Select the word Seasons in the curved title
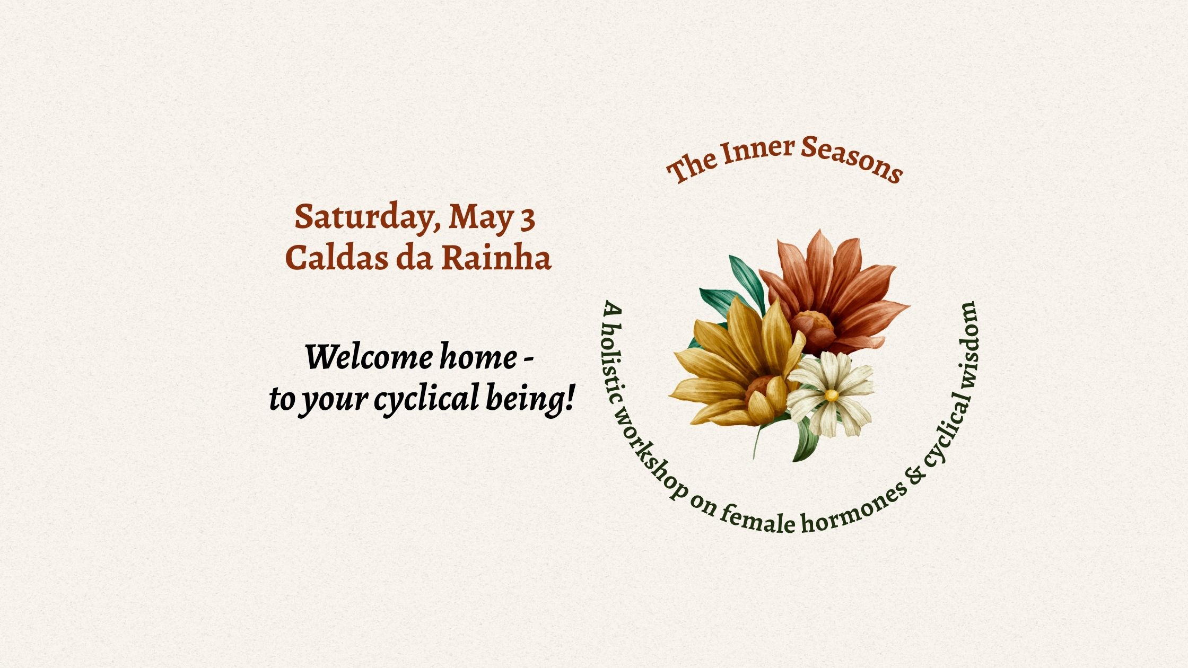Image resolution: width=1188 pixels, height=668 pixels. click(x=852, y=159)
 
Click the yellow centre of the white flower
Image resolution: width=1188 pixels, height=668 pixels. click(x=832, y=395)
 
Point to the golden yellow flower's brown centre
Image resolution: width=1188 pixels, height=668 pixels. click(x=761, y=390)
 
